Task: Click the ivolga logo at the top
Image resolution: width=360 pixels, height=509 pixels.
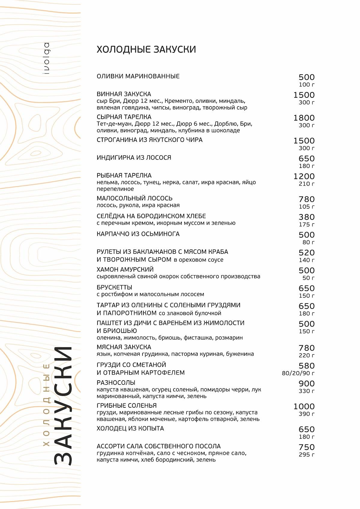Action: pyautogui.click(x=46, y=58)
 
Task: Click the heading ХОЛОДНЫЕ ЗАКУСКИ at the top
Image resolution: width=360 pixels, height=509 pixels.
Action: pyautogui.click(x=146, y=49)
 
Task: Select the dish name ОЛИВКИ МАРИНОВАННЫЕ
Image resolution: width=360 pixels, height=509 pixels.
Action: pyautogui.click(x=138, y=76)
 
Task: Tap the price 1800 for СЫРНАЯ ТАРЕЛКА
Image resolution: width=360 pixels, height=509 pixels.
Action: pyautogui.click(x=304, y=118)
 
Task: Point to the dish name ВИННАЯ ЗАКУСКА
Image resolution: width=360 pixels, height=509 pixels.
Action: pyautogui.click(x=124, y=94)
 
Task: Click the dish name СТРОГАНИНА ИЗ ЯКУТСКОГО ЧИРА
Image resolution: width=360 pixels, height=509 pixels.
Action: pyautogui.click(x=149, y=140)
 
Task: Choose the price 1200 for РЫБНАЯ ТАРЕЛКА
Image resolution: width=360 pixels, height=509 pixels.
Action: pyautogui.click(x=304, y=176)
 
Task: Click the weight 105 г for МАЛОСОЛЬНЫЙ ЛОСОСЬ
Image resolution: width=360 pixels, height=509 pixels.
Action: pyautogui.click(x=306, y=207)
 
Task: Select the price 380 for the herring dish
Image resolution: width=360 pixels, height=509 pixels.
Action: pyautogui.click(x=306, y=217)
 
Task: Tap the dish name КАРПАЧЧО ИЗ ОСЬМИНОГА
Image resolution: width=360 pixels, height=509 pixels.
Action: pyautogui.click(x=138, y=234)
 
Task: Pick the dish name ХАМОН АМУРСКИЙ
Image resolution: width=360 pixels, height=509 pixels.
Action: pyautogui.click(x=125, y=269)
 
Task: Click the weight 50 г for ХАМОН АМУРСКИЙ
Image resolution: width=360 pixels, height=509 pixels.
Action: pyautogui.click(x=308, y=278)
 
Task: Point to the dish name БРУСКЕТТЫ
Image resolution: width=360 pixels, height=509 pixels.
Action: pyautogui.click(x=114, y=287)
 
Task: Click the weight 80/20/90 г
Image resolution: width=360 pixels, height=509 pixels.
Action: pyautogui.click(x=298, y=373)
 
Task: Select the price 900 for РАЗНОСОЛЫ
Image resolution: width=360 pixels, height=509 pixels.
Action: pyautogui.click(x=306, y=384)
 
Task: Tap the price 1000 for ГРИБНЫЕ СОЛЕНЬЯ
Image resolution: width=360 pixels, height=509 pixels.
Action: pyautogui.click(x=304, y=406)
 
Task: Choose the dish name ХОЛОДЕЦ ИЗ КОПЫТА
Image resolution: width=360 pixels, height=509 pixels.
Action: pyautogui.click(x=130, y=428)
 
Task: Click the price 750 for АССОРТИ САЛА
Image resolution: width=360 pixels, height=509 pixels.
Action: pyautogui.click(x=306, y=447)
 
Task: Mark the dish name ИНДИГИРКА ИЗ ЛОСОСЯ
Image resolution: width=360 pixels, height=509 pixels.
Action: pyautogui.click(x=134, y=158)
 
